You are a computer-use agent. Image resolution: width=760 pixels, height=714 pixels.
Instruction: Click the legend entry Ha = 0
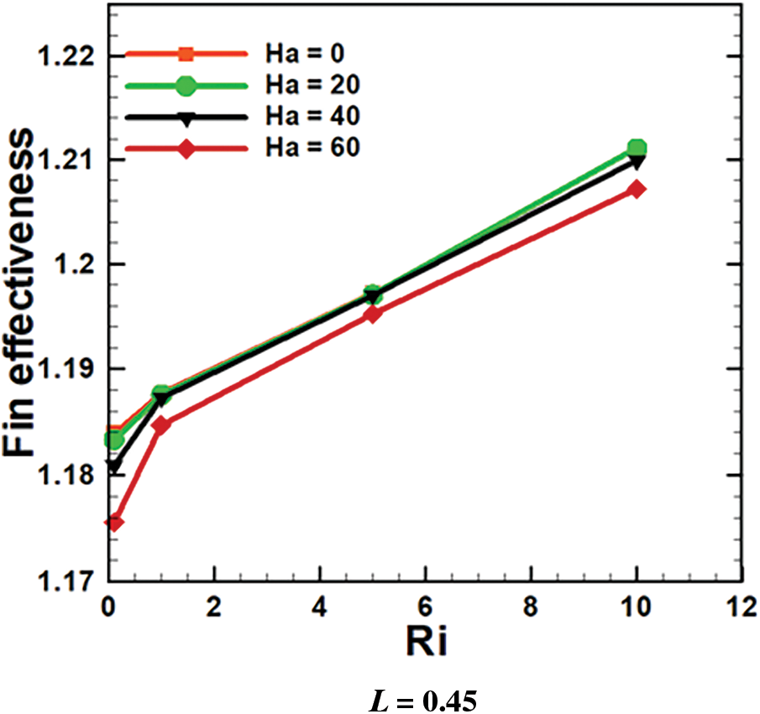307,55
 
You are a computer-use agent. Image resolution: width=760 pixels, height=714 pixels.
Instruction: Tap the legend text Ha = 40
313,117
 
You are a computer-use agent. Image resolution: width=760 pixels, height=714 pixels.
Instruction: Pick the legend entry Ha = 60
313,148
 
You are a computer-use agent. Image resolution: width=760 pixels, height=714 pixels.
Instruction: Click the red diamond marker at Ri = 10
637,190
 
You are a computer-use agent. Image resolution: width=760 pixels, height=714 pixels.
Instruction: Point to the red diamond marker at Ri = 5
373,315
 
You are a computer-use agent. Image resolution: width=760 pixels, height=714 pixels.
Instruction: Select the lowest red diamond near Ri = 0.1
113,523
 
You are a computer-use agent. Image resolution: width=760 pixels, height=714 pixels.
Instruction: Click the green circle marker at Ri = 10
637,149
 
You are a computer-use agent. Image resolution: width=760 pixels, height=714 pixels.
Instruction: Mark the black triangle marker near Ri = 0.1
113,466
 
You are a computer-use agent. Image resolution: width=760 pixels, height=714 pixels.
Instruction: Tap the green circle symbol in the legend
186,86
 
